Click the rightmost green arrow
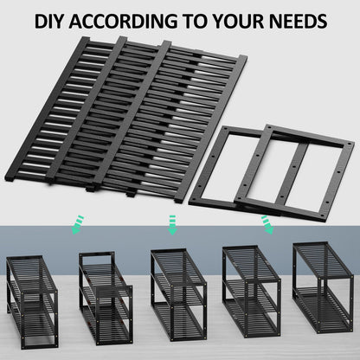[x=266, y=225]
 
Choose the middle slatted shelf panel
[x=130, y=108]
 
